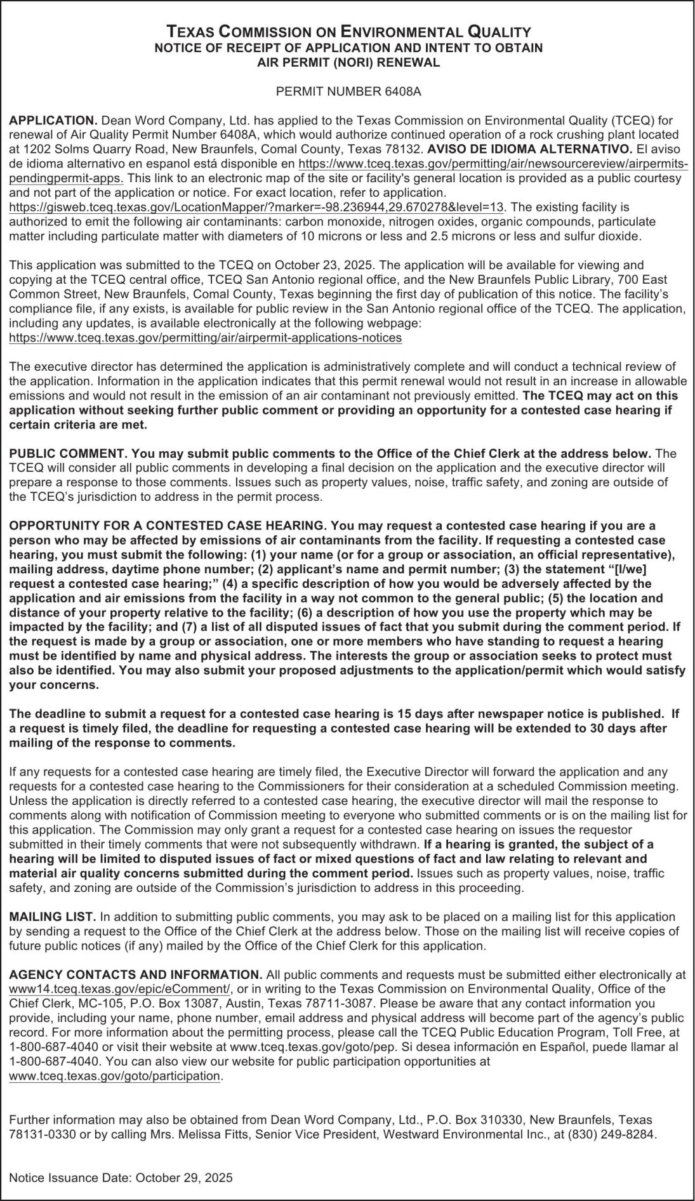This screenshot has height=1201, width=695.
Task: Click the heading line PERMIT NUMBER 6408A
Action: point(348,91)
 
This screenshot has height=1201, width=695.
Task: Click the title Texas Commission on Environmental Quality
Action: point(348,32)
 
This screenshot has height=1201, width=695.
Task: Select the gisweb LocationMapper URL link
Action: point(257,207)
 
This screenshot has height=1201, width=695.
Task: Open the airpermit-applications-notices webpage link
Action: point(205,338)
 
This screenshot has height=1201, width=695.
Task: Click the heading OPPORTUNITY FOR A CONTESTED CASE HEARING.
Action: point(167,526)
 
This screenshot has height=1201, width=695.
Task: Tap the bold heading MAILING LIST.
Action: point(52,917)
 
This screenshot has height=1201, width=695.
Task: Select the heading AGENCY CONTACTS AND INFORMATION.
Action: point(135,974)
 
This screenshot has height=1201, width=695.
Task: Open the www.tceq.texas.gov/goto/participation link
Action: point(114,1076)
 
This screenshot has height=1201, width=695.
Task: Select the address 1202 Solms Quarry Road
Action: point(79,149)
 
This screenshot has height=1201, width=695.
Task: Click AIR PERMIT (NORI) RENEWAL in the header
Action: point(348,62)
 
